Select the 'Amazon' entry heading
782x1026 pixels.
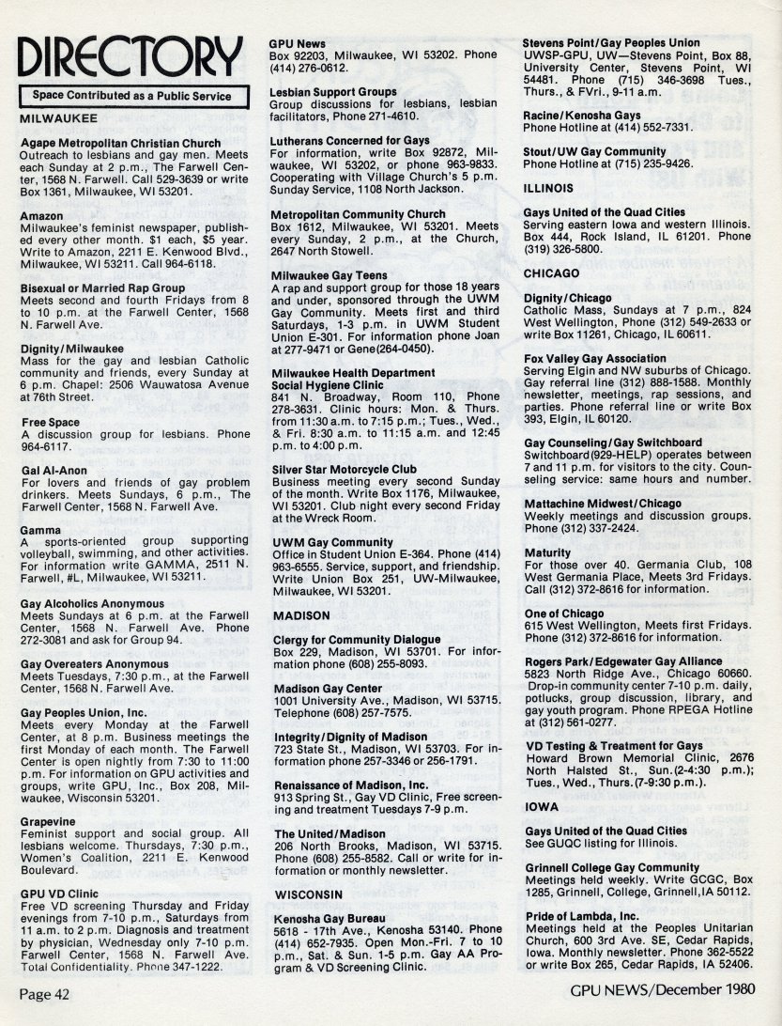click(41, 216)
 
